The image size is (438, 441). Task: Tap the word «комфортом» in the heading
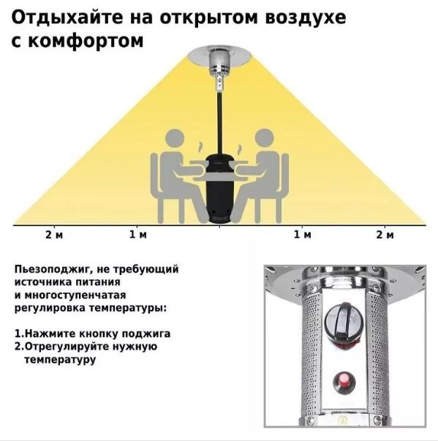click(x=86, y=41)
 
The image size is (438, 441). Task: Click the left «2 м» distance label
click(x=54, y=234)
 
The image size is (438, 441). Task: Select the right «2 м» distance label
click(x=385, y=234)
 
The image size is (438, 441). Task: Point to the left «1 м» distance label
click(x=137, y=234)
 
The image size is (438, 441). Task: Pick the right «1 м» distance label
click(x=303, y=234)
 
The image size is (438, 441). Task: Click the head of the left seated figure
click(x=175, y=138)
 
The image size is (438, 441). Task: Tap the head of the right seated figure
click(x=264, y=138)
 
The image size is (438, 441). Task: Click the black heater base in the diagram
click(x=219, y=189)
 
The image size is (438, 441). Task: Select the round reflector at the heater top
click(x=219, y=56)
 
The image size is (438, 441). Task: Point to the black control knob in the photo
click(x=343, y=320)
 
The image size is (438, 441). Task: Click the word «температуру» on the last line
click(x=60, y=359)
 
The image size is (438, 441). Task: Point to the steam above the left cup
click(x=200, y=148)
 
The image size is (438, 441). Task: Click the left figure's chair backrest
click(x=154, y=173)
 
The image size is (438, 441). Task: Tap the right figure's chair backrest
click(x=284, y=173)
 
